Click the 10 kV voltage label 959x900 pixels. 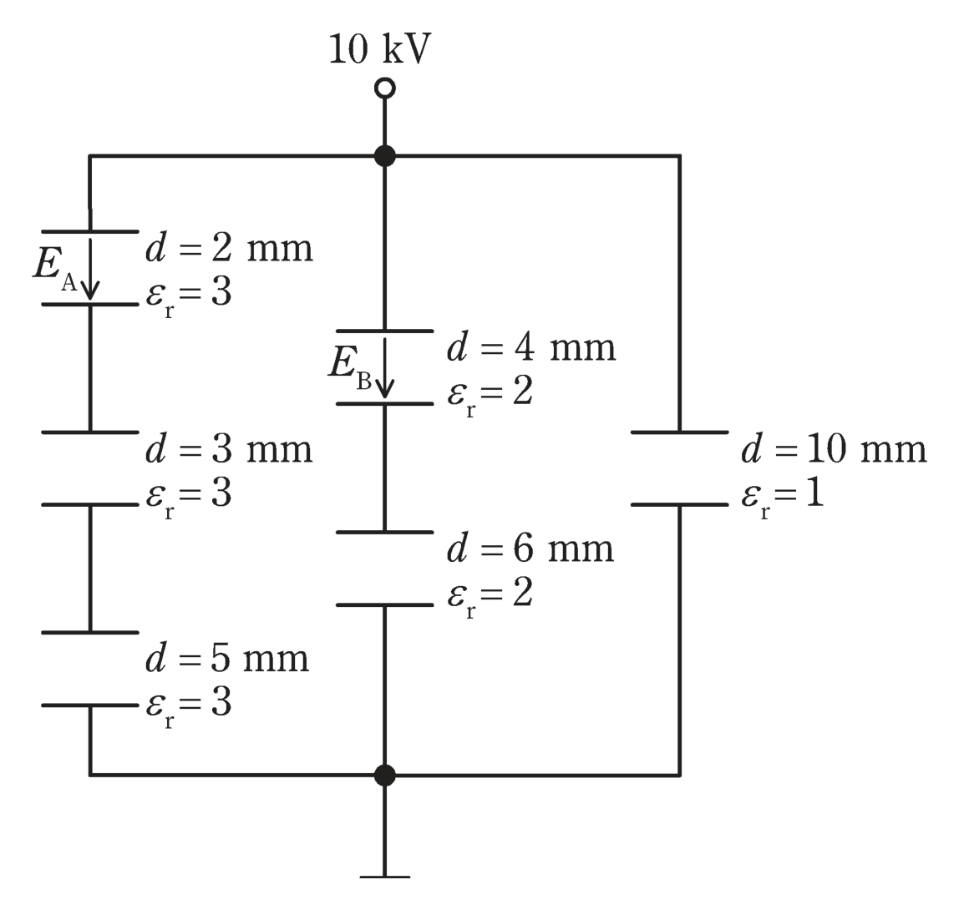[380, 49]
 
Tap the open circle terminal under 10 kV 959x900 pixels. [385, 88]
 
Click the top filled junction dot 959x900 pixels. [385, 156]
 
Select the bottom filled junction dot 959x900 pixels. [385, 776]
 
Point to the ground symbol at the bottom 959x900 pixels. [385, 877]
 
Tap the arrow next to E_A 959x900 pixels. [90, 269]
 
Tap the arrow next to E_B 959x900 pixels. [385, 368]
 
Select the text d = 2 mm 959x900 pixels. [230, 248]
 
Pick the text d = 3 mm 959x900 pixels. [230, 448]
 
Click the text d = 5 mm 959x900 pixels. [227, 658]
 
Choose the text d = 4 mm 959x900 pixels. [531, 347]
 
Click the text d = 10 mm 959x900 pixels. [835, 448]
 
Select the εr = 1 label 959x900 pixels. [783, 497]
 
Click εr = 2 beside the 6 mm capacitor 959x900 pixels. [490, 596]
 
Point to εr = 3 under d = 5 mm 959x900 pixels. [189, 706]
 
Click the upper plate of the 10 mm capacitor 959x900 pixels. [680, 432]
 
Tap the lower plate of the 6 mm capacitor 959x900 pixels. [385, 604]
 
